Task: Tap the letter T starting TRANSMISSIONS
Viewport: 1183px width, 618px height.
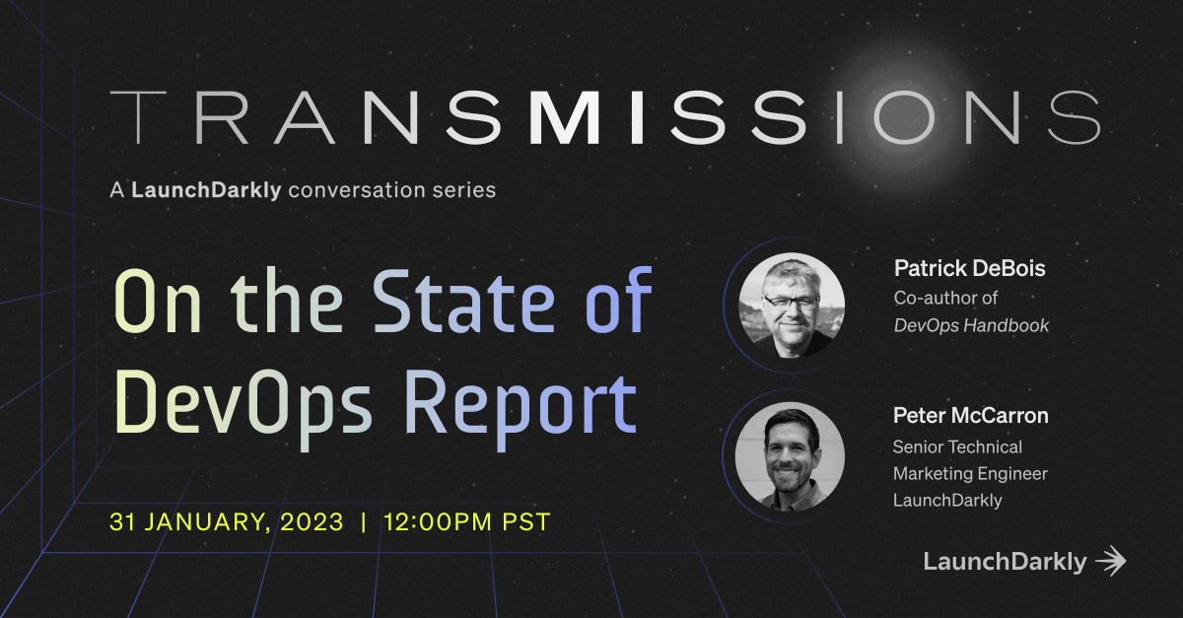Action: point(135,117)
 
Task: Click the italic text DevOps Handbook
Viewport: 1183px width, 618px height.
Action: point(971,325)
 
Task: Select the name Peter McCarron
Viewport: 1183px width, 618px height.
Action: point(970,416)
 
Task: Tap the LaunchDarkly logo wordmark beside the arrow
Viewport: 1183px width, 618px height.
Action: point(1005,562)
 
